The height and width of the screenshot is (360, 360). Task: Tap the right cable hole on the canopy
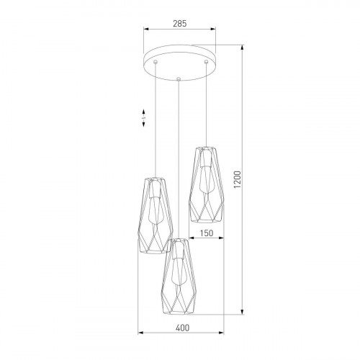click(206, 63)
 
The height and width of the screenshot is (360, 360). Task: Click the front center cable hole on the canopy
click(177, 74)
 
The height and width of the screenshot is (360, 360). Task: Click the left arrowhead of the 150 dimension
click(190, 240)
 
